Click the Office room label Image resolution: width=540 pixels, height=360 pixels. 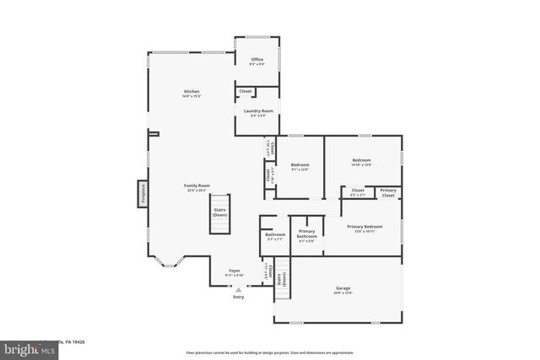[x=256, y=61]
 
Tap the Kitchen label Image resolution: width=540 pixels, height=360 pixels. [x=192, y=93]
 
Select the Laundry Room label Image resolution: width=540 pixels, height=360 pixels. [x=257, y=112]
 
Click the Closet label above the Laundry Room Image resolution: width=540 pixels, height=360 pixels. [x=245, y=91]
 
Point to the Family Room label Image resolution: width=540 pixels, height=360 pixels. [x=197, y=186]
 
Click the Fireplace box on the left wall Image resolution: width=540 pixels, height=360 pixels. [x=143, y=193]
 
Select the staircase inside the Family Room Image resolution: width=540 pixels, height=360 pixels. [x=220, y=212]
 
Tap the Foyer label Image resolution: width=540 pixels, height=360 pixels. [x=234, y=272]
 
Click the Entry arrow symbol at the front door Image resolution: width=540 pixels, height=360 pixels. [x=238, y=289]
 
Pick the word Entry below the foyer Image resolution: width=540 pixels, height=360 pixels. [x=238, y=296]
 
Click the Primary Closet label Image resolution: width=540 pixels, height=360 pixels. [x=388, y=192]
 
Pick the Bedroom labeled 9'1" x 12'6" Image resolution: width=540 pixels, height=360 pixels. [x=300, y=166]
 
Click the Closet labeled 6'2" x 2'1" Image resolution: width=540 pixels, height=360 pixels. [x=358, y=192]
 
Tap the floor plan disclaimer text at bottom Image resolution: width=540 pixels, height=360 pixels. [x=269, y=352]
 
